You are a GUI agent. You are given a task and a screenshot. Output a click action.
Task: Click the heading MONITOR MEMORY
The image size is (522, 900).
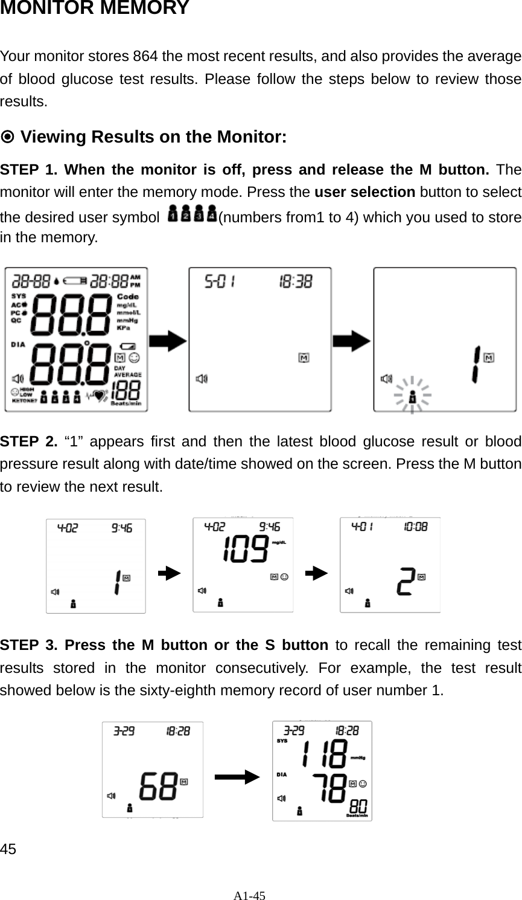coord(95,9)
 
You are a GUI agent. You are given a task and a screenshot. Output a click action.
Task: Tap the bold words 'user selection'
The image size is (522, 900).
coord(364,193)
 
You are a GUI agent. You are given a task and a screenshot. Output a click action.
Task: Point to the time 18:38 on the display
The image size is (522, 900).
coord(295,281)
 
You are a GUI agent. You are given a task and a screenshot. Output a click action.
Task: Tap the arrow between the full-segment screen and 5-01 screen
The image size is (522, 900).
coord(168,341)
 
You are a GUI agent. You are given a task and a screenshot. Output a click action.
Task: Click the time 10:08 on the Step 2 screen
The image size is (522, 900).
coord(415,527)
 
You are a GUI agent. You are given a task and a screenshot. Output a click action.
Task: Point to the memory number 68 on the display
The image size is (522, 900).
coord(158,788)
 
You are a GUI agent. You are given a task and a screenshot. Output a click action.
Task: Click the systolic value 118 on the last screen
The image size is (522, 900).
coord(325,754)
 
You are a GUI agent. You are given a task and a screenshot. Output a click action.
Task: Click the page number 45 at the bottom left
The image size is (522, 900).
coord(8,849)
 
